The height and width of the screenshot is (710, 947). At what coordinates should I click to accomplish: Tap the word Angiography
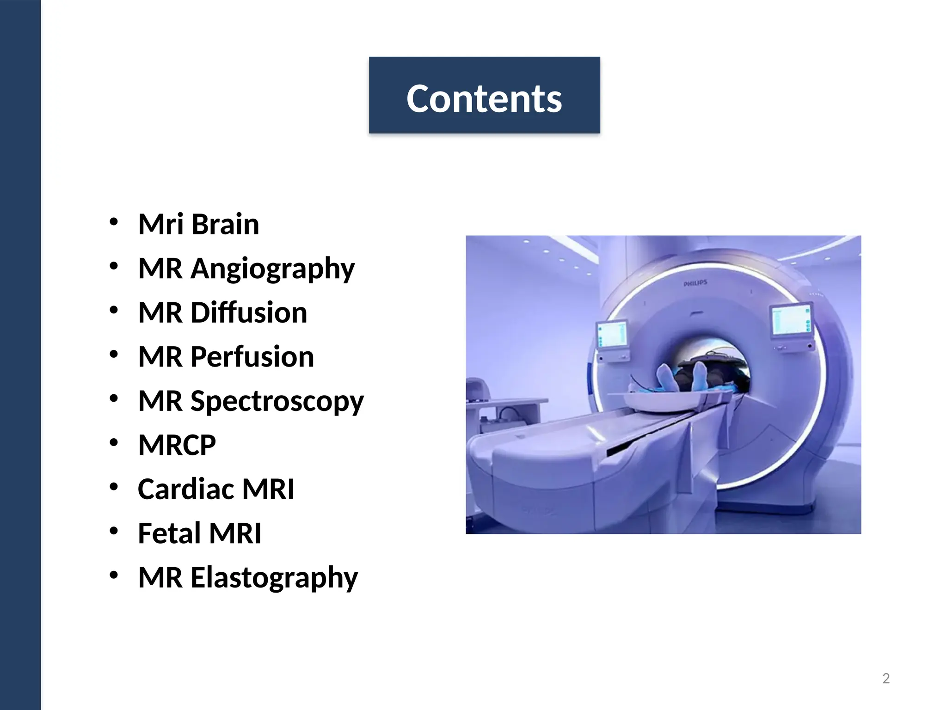272,269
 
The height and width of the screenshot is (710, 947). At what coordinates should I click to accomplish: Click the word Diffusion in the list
249,312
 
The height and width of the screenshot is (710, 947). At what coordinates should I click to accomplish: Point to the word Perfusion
252,357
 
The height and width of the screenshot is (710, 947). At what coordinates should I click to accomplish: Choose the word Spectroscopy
277,401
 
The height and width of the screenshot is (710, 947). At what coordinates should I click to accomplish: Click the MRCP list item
177,445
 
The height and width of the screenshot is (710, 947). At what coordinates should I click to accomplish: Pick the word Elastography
274,578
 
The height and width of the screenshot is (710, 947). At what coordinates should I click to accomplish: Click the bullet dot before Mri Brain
114,222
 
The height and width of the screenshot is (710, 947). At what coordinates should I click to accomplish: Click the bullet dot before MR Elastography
114,575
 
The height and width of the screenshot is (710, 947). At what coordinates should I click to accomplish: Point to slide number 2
886,678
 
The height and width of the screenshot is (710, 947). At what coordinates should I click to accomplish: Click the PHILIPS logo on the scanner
695,283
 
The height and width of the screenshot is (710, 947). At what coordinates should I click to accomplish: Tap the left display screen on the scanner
612,334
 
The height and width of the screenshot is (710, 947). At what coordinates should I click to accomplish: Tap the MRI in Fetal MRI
235,533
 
